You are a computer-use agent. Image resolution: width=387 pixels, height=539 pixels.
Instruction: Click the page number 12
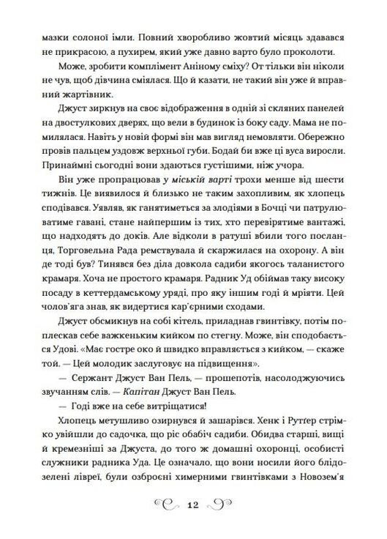(193, 505)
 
